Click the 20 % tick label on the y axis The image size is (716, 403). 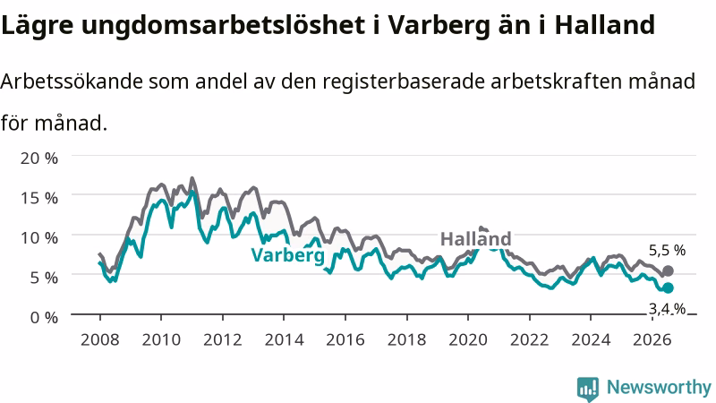click(x=39, y=159)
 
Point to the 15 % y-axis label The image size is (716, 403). click(x=39, y=198)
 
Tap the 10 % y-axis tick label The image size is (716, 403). click(x=39, y=237)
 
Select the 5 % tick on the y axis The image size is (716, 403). click(x=44, y=278)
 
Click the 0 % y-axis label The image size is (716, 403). click(x=44, y=317)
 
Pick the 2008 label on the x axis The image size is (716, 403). click(x=100, y=339)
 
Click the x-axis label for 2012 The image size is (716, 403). click(x=222, y=339)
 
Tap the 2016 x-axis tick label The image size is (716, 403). click(x=345, y=339)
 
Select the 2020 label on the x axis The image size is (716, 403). click(x=468, y=339)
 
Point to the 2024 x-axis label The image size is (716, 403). click(x=591, y=339)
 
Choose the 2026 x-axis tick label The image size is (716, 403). click(x=652, y=339)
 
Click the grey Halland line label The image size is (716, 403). click(x=475, y=239)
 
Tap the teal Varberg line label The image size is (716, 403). click(x=288, y=255)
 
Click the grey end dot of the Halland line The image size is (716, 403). click(x=668, y=271)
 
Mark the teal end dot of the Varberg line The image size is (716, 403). click(x=668, y=287)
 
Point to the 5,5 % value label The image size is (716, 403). click(x=667, y=250)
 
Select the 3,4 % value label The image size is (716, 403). click(x=667, y=309)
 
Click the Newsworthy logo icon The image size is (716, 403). click(x=588, y=389)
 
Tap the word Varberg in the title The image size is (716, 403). click(x=439, y=25)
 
